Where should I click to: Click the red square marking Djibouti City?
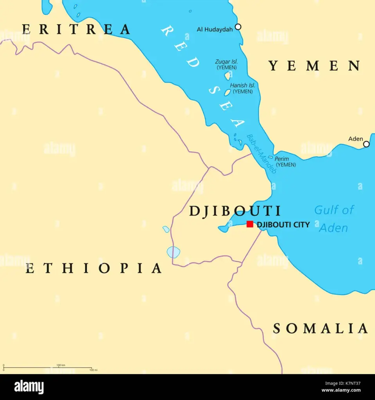250,224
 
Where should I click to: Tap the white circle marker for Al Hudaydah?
238,27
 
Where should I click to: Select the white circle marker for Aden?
366,144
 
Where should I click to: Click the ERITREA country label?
76,29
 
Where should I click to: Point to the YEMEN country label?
314,66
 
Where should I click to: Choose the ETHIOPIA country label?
94,268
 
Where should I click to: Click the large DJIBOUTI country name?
235,211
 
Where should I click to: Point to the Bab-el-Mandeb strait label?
261,154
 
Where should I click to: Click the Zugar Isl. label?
227,62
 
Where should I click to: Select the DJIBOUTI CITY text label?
283,225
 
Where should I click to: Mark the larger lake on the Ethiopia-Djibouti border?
173,252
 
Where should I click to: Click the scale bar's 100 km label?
61,365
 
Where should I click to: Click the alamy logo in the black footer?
29,387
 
